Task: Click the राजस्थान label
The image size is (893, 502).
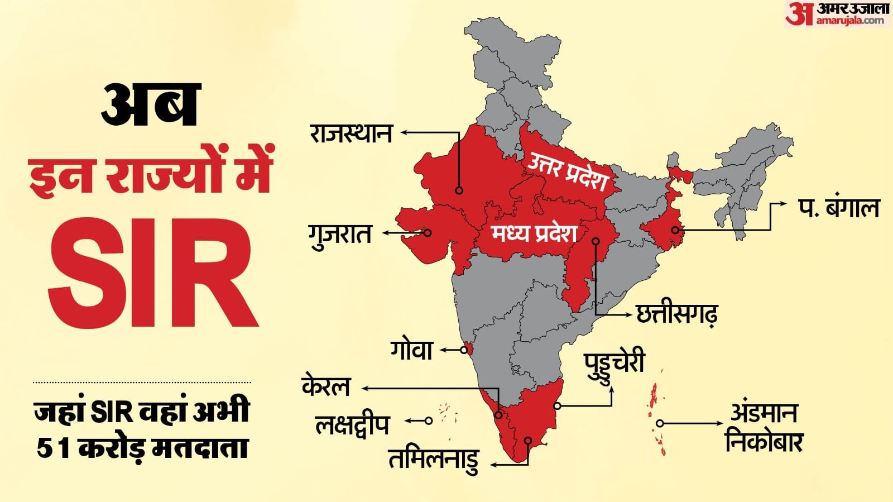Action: pos(351,133)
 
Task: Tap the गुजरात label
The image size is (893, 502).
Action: pos(340,234)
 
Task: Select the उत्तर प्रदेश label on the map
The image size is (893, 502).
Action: pos(567,171)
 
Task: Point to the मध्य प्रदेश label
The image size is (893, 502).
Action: pos(534,233)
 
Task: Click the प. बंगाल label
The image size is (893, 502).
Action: pos(838,208)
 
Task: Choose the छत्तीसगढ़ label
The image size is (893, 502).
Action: pos(677,314)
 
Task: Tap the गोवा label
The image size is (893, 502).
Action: pos(411,350)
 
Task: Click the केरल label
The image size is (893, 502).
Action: pos(326,386)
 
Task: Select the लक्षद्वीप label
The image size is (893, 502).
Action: pos(352,425)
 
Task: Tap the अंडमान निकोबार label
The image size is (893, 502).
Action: pos(764,428)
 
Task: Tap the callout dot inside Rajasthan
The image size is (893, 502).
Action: pos(459,190)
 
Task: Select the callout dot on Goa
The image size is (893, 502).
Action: pos(464,350)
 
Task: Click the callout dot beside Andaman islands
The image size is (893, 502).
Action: pos(660,423)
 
